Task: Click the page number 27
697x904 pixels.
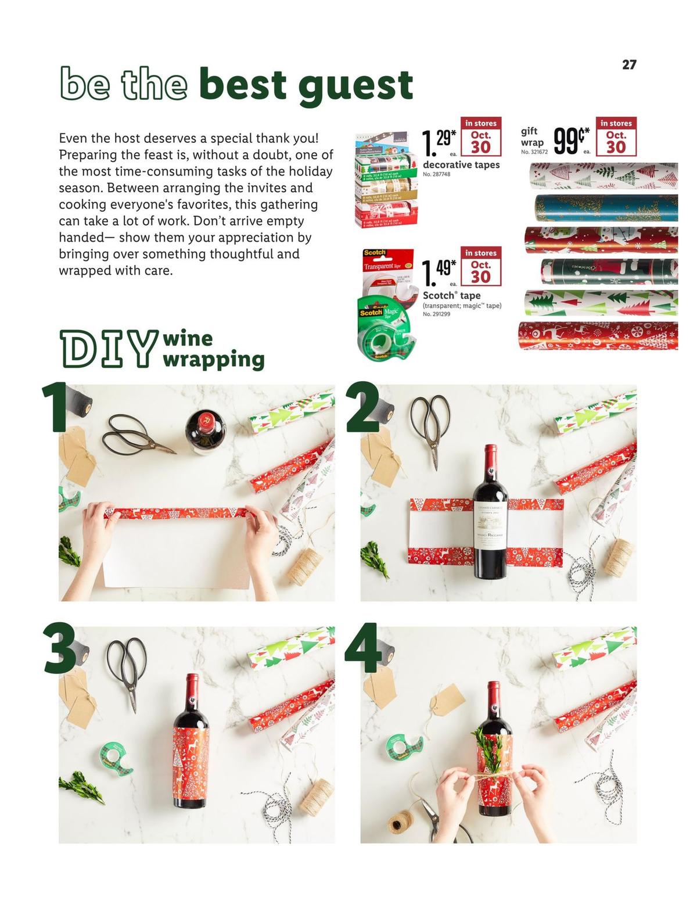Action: [x=629, y=64]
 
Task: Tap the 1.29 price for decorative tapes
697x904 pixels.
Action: [x=439, y=143]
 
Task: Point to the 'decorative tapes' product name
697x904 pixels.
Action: [x=461, y=165]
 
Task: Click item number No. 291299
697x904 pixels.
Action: [x=437, y=314]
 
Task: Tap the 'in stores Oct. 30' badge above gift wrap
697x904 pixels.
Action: [x=616, y=137]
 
